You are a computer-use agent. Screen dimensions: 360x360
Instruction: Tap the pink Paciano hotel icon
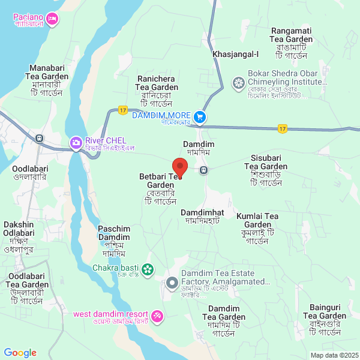(x=52, y=19)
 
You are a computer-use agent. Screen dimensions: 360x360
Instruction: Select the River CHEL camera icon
(x=76, y=142)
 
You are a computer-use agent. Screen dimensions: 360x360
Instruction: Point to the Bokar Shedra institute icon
(x=239, y=82)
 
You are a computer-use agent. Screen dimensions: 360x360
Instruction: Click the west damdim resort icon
(x=157, y=315)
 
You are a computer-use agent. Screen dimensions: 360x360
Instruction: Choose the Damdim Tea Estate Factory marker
(x=172, y=281)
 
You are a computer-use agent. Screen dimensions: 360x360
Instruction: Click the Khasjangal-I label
(x=235, y=55)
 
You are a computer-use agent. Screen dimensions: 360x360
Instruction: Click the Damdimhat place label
(x=202, y=217)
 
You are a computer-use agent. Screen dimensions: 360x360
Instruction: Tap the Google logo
(x=20, y=352)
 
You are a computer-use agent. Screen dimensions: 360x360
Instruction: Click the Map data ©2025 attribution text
(x=334, y=355)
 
